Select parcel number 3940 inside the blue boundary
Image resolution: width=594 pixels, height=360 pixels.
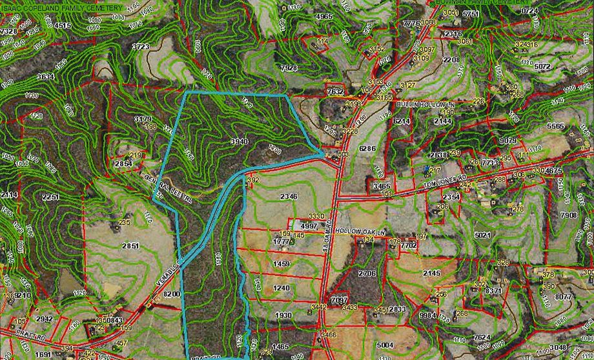pyautogui.click(x=239, y=140)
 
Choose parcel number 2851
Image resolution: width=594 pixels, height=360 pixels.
pyautogui.click(x=131, y=245)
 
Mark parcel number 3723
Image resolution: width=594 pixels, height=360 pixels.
pyautogui.click(x=140, y=46)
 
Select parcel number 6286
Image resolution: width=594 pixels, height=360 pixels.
pyautogui.click(x=367, y=148)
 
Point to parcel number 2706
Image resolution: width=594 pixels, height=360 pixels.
pyautogui.click(x=367, y=274)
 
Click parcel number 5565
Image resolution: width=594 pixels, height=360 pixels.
pyautogui.click(x=555, y=126)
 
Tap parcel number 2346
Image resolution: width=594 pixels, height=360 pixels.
pyautogui.click(x=289, y=195)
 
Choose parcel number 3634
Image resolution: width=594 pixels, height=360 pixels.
pyautogui.click(x=45, y=76)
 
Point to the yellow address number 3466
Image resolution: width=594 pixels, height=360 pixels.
pyautogui.click(x=329, y=335)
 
